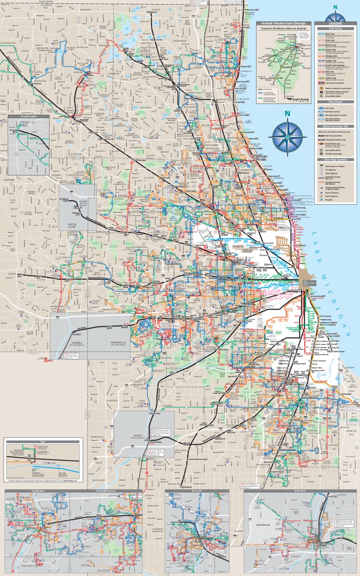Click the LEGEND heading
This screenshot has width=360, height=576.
point(335,23)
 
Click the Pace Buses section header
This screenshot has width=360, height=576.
point(335,103)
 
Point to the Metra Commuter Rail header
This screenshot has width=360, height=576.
point(335,126)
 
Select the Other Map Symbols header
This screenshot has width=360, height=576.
point(335,159)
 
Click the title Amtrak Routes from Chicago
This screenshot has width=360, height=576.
point(284,23)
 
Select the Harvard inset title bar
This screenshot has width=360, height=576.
point(28,117)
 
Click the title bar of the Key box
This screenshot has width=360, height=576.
point(43,442)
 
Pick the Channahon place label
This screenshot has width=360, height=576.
point(99,480)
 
